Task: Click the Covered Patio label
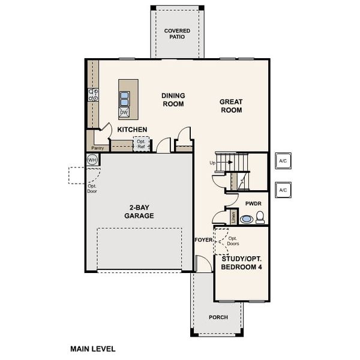177,34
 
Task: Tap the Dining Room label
173,100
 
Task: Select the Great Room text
231,106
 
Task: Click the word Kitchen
132,130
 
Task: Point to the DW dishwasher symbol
124,112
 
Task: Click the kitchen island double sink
124,98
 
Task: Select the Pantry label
97,148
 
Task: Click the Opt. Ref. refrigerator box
141,145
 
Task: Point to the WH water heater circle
92,160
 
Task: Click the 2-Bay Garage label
139,212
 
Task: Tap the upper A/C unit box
283,161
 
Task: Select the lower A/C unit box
283,190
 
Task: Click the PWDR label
253,204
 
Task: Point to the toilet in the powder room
260,217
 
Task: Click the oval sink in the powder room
246,220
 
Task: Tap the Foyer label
204,240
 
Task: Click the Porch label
218,317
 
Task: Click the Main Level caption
93,348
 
